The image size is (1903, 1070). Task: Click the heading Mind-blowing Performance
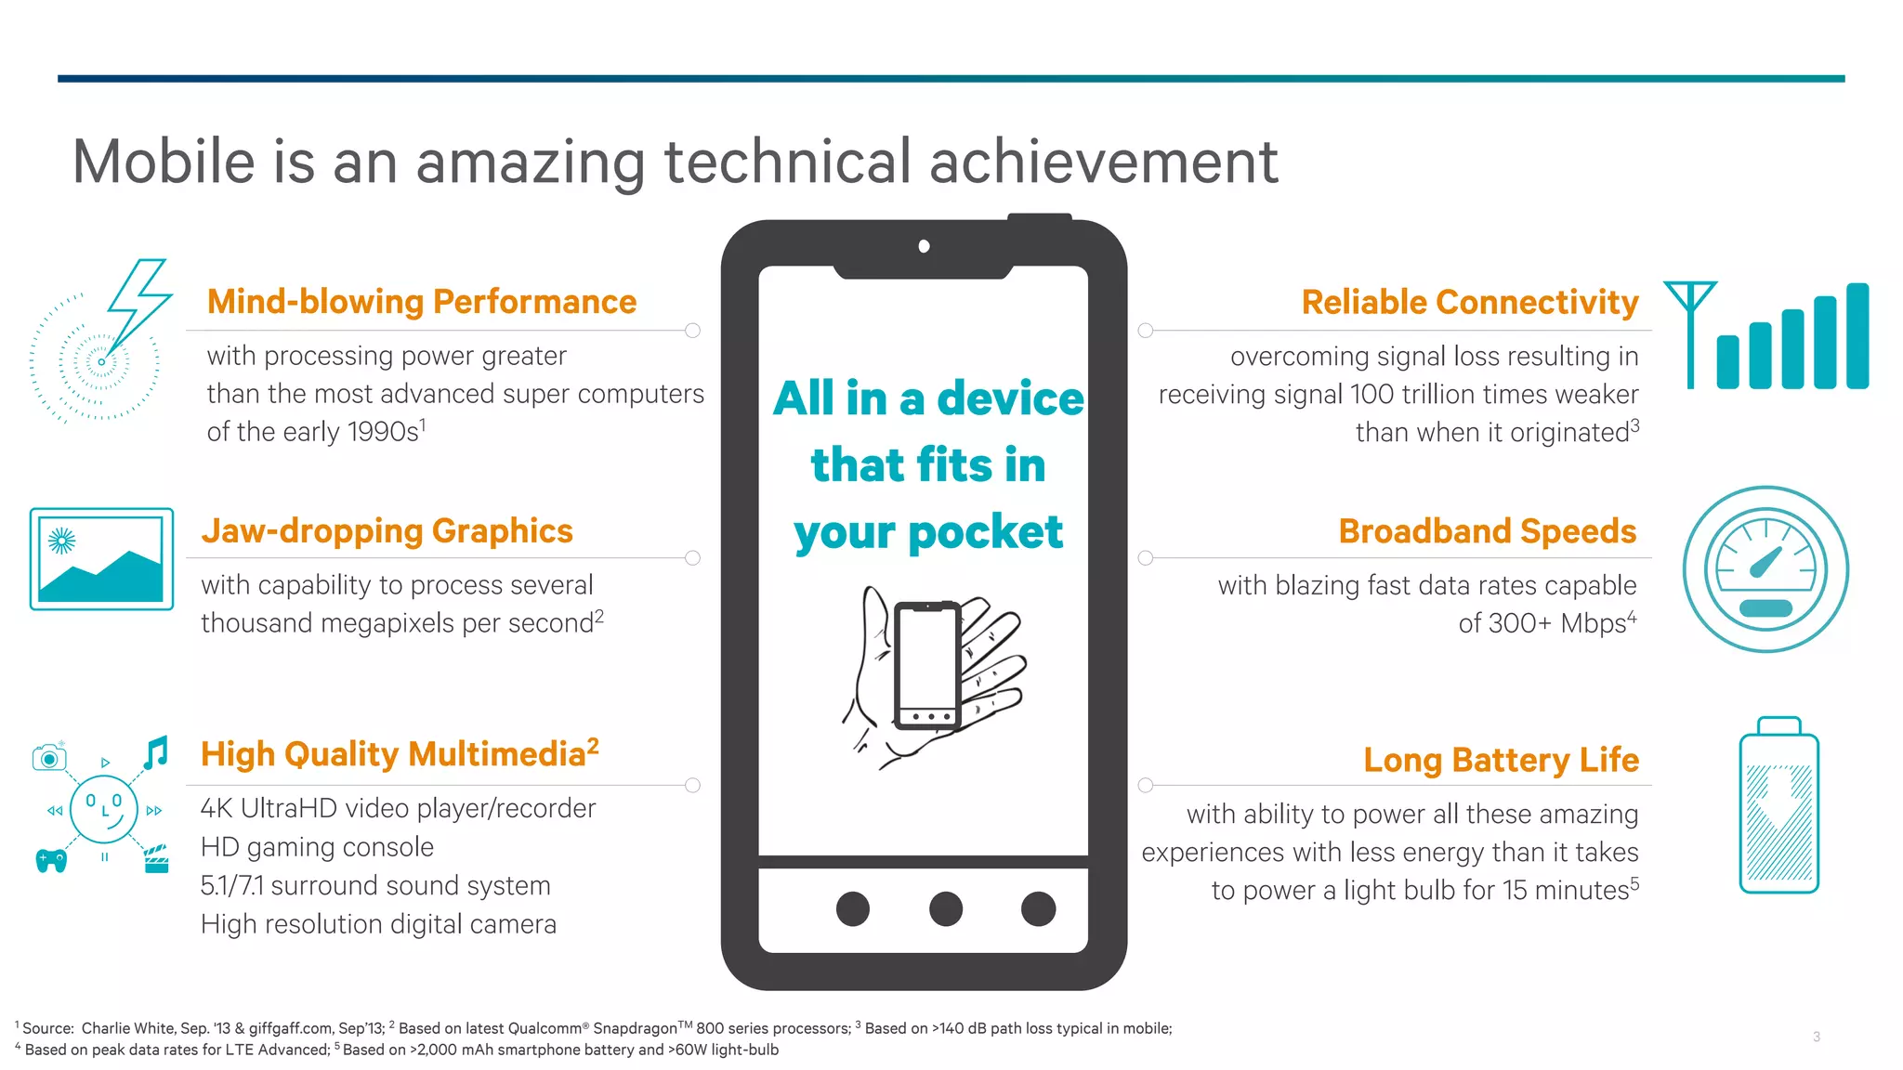click(x=421, y=302)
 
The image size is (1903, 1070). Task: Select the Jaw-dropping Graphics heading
click(x=387, y=530)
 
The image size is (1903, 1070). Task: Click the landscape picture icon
click(x=101, y=558)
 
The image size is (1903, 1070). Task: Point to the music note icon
click(x=156, y=752)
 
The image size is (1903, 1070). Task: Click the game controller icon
click(x=51, y=860)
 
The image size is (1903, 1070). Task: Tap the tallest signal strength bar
click(x=1857, y=335)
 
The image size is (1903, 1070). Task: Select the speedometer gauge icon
click(x=1765, y=568)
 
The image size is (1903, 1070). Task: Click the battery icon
click(x=1778, y=805)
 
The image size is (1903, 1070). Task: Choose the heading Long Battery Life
click(x=1501, y=760)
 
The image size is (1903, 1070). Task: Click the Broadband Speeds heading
click(x=1487, y=530)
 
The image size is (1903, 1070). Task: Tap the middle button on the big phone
click(x=945, y=907)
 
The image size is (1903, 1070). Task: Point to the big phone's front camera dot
click(x=924, y=246)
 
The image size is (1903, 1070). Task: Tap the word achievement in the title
click(x=1103, y=162)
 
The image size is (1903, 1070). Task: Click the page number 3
click(x=1816, y=1037)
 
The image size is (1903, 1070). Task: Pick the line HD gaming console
click(x=317, y=847)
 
